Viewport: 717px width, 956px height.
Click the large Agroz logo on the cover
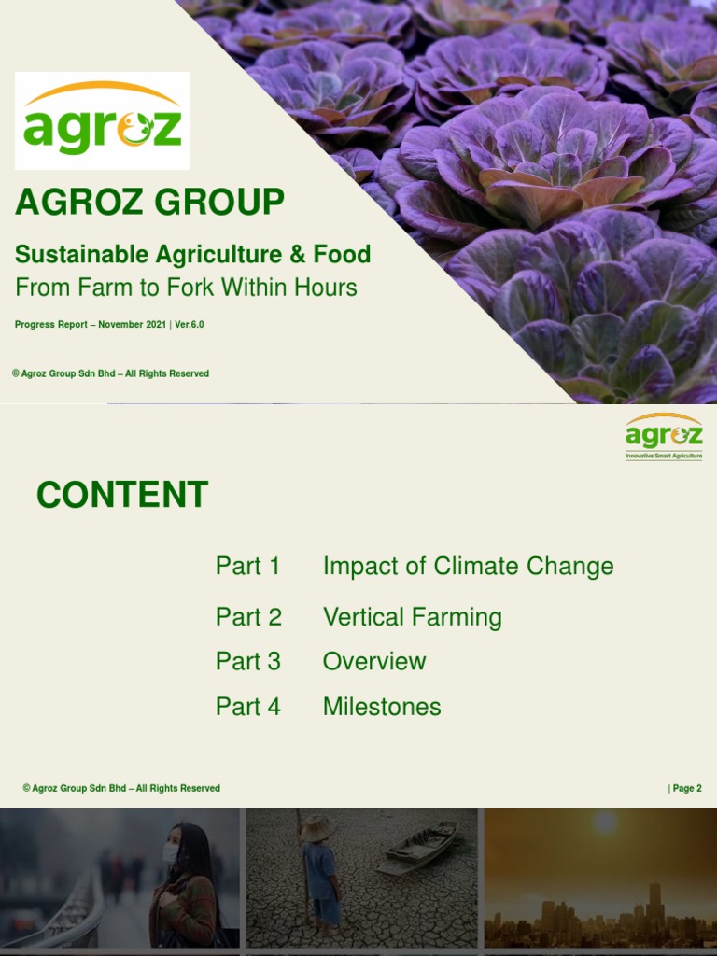(102, 120)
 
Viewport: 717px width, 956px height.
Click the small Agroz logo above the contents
(664, 437)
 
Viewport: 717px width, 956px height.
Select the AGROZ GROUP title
(149, 202)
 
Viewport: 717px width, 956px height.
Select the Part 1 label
(247, 566)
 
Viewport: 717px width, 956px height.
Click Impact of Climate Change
(468, 566)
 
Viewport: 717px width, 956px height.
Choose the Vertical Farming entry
(412, 617)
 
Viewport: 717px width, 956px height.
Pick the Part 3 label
(247, 661)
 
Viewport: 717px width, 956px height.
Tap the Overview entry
(373, 661)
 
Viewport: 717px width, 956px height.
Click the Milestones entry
(381, 707)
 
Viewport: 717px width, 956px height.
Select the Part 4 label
(247, 707)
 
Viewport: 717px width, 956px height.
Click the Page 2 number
(686, 788)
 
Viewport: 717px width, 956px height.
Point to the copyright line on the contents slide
(121, 788)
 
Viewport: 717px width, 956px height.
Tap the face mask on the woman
(171, 851)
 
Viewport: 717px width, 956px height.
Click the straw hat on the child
(318, 827)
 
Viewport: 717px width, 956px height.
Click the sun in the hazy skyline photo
(605, 822)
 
